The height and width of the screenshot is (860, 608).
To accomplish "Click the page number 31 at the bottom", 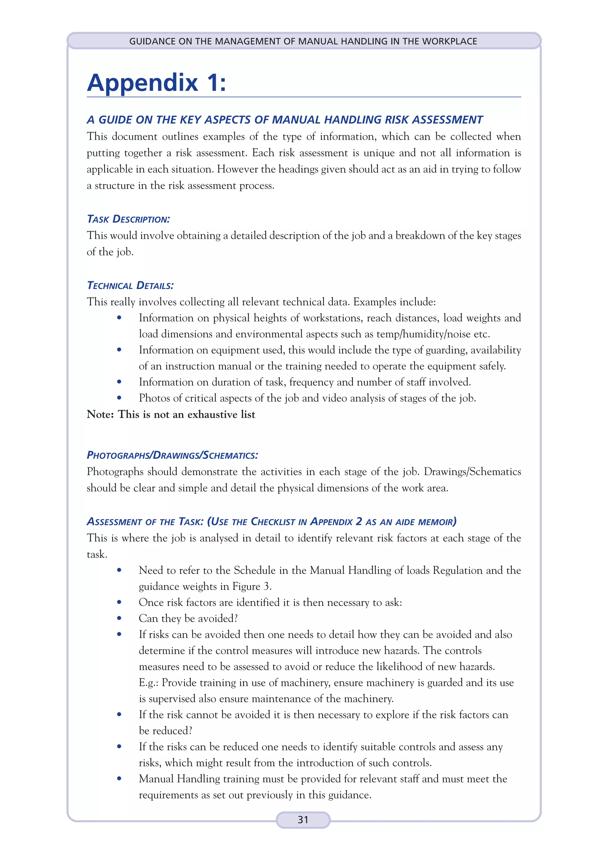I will (x=303, y=820).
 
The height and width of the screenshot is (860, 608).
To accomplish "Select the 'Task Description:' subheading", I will (x=128, y=219).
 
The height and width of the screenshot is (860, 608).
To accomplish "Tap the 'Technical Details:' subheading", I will (x=130, y=285).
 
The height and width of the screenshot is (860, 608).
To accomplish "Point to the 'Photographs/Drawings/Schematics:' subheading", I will (x=172, y=455).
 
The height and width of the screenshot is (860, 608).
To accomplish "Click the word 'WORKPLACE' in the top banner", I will (x=449, y=41).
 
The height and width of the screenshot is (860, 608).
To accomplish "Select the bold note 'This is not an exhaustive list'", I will (x=186, y=414).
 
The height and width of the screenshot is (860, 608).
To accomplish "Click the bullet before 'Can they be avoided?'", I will (x=119, y=618).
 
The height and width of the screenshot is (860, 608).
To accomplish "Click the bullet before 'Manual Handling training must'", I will (x=119, y=778).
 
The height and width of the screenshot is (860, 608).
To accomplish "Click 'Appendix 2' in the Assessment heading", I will (x=336, y=521).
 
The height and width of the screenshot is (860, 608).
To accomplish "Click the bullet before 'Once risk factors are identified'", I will (x=119, y=602).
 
